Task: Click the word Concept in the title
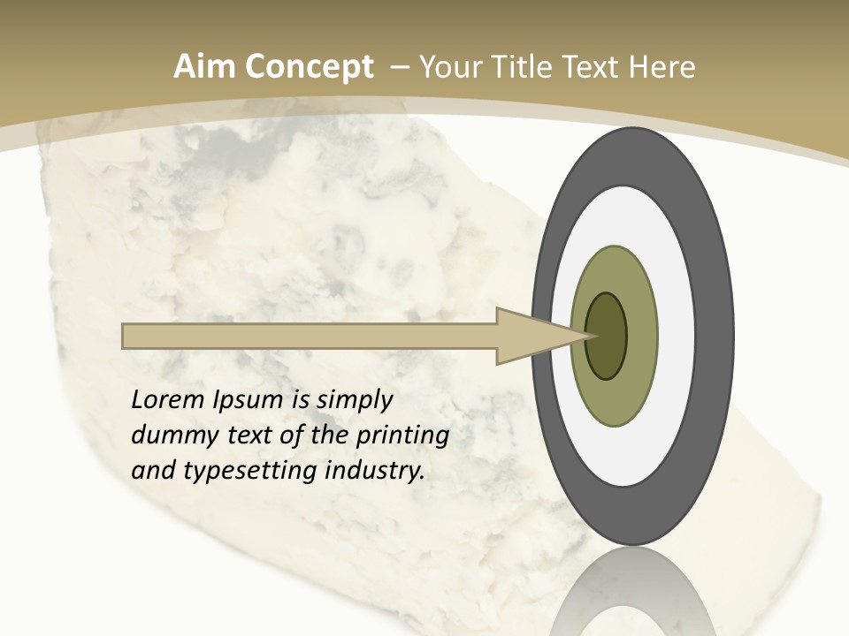coord(309,67)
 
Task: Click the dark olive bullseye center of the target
coord(606,337)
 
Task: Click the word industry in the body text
coord(375,472)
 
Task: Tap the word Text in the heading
coord(593,67)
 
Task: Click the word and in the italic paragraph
coord(152,472)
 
